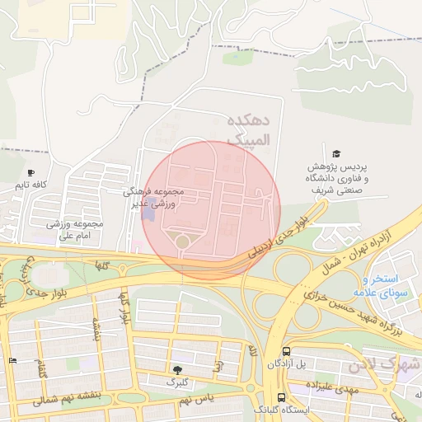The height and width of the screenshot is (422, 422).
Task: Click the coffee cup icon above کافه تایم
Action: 30,173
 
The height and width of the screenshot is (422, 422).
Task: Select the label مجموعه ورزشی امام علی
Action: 75,229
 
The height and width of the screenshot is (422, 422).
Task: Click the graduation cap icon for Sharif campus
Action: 336,154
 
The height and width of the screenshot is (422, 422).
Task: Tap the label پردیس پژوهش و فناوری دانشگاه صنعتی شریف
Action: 338,178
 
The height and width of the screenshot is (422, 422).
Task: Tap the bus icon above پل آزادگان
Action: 285,351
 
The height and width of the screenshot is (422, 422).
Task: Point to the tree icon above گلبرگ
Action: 177,370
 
